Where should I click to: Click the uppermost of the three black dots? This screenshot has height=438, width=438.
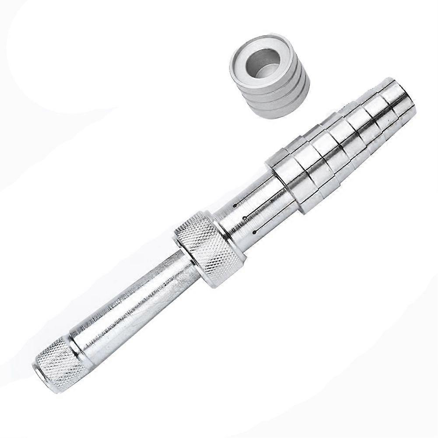(235, 205)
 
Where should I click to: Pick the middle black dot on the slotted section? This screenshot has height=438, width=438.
(245, 218)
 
